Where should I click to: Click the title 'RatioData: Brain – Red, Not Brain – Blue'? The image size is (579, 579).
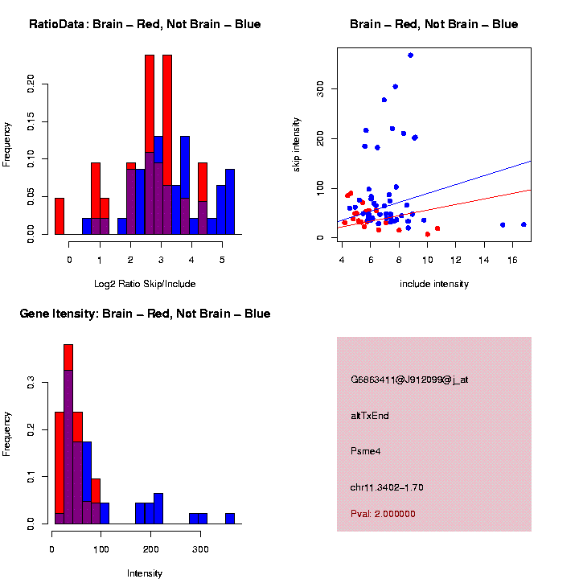click(145, 24)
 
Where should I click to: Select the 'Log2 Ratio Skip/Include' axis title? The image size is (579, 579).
click(145, 283)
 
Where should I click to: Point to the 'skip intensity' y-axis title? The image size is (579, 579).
click(297, 143)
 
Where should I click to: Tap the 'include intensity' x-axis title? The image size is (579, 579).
click(434, 283)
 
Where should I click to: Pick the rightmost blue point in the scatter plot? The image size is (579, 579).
click(524, 224)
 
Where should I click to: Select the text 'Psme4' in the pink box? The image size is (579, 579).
click(366, 451)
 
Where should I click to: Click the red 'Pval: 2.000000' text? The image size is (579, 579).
click(383, 514)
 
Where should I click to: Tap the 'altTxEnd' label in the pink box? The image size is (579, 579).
click(370, 416)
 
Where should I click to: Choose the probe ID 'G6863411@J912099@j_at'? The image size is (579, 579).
click(409, 380)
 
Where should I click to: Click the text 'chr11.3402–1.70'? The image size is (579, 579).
click(387, 487)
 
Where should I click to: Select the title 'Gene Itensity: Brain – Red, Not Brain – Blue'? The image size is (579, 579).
click(145, 314)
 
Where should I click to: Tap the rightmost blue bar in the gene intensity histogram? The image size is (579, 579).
click(230, 519)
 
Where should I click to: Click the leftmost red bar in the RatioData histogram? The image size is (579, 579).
click(60, 216)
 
